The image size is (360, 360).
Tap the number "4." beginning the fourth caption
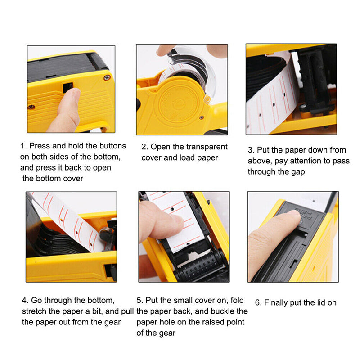[25, 300]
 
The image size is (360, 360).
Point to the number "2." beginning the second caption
[144, 147]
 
